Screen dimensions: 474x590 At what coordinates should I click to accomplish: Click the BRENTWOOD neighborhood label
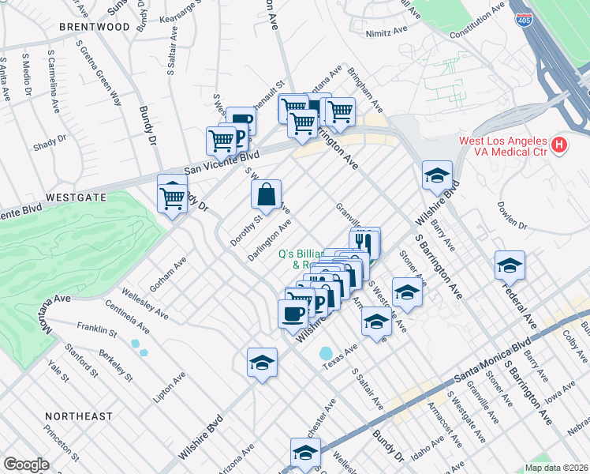pyautogui.click(x=95, y=26)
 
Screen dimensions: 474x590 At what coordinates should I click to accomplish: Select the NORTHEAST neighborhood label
pyautogui.click(x=79, y=416)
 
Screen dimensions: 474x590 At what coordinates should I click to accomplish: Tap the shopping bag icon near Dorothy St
pyautogui.click(x=267, y=194)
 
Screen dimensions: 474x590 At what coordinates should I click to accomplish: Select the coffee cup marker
pyautogui.click(x=293, y=313)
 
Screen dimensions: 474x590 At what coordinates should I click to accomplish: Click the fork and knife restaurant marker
pyautogui.click(x=364, y=242)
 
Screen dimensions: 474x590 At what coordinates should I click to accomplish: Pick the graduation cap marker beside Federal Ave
pyautogui.click(x=510, y=265)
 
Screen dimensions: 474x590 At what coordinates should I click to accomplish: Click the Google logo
pyautogui.click(x=26, y=465)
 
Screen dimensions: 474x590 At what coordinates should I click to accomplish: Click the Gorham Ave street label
pyautogui.click(x=170, y=272)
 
